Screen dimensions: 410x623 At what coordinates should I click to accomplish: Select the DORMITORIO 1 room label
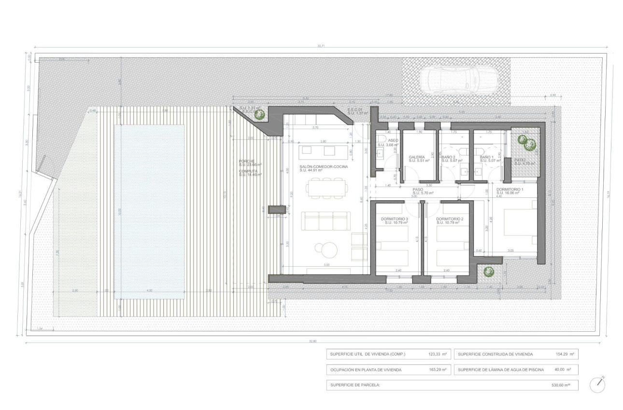click(510, 190)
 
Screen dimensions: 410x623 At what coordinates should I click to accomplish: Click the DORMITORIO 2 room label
click(450, 219)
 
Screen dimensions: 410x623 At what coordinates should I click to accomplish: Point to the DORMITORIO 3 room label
click(394, 219)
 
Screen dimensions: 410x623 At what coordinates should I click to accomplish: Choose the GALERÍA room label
click(417, 157)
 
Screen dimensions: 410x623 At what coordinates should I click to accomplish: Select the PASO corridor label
click(418, 190)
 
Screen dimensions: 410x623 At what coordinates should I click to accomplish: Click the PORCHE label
click(247, 161)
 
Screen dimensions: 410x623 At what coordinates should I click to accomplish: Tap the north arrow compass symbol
click(598, 384)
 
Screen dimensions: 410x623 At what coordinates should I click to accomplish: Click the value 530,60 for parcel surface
click(560, 385)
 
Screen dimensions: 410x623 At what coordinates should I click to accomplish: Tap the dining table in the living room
click(328, 188)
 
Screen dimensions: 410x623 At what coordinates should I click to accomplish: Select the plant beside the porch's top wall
click(259, 114)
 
